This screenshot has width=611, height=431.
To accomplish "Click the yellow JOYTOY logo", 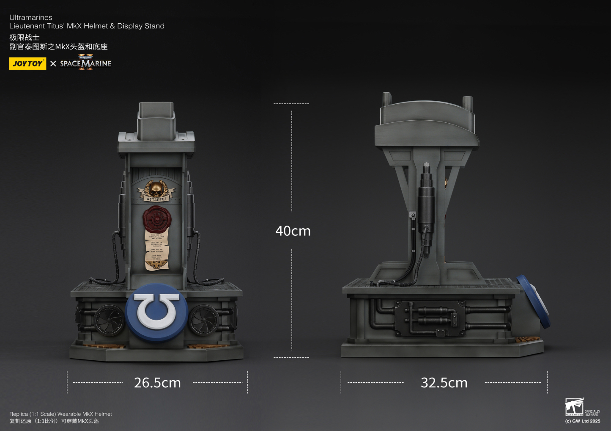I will (x=27, y=64).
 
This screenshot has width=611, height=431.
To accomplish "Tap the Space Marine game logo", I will (x=86, y=63).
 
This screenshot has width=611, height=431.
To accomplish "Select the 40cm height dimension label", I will (x=293, y=231).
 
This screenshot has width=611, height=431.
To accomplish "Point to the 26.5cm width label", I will (x=157, y=383).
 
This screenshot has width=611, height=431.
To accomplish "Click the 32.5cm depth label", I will (x=444, y=383).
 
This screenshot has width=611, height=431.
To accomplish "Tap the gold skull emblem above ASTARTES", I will (x=156, y=188).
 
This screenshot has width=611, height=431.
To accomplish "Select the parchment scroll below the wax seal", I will (x=157, y=250).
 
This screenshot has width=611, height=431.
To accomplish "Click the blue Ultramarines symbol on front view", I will (x=157, y=312).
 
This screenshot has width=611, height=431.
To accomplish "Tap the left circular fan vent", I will (x=109, y=320).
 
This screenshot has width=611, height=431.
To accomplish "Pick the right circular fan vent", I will (x=204, y=320).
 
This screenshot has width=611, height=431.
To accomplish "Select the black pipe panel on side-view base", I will (x=429, y=318).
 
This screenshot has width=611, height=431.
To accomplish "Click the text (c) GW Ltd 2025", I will (x=582, y=421).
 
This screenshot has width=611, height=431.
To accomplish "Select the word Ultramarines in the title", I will (x=31, y=17).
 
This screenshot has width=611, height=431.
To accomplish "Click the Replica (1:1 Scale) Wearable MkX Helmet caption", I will (x=60, y=414).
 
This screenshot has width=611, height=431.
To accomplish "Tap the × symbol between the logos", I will (x=53, y=64).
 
